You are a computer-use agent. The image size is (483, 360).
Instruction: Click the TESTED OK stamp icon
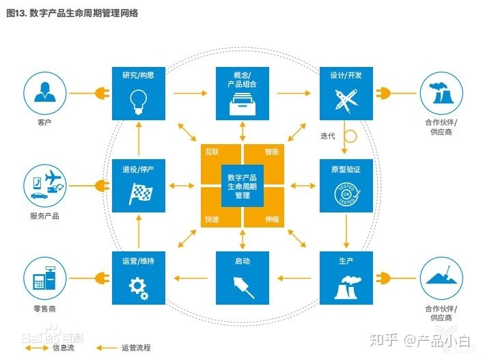(346, 193)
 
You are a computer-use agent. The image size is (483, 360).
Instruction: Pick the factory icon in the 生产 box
(346, 288)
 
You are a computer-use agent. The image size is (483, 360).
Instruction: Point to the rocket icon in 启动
(242, 286)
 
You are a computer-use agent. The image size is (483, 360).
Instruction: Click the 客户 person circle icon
(45, 93)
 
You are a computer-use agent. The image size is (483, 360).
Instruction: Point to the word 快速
(212, 219)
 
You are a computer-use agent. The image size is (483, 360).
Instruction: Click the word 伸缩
(272, 219)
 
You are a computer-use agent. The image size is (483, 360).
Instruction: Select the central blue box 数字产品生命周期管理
(242, 185)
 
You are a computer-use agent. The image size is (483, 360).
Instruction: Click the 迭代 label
(328, 136)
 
